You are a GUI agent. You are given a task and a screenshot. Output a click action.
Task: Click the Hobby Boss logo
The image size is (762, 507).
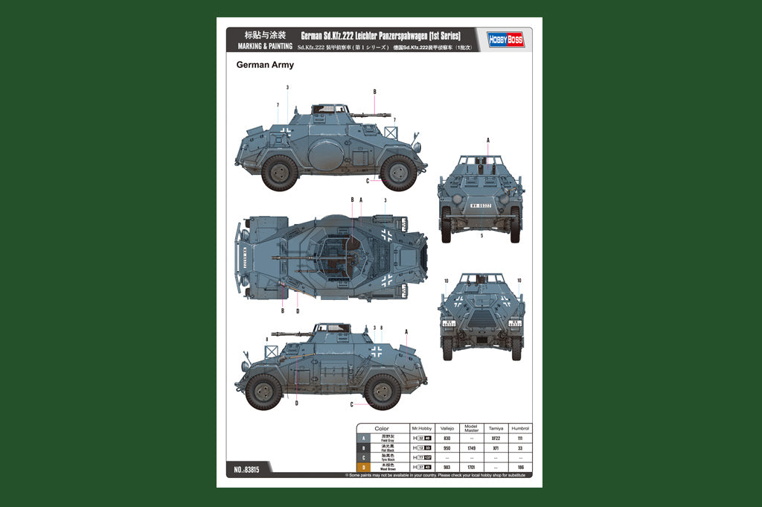coord(506,39)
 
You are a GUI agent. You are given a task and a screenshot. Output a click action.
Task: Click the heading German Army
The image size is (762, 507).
coord(265,65)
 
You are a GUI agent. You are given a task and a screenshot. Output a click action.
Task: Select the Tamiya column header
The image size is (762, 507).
coord(496,429)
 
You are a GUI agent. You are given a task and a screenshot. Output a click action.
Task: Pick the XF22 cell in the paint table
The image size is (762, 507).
coord(496,439)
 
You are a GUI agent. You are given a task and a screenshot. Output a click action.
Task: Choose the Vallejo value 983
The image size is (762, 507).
coord(446,468)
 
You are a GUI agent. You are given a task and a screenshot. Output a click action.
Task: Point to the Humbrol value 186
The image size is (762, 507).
coord(520,468)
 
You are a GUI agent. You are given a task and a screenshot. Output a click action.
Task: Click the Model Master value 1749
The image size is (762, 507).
coord(471,448)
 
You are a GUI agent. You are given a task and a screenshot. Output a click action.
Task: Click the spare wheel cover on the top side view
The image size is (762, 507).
coord(324,156)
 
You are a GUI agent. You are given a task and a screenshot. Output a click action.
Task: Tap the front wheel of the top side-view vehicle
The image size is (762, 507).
coord(398,172)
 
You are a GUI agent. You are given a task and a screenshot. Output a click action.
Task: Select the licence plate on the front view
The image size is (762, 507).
coord(480,205)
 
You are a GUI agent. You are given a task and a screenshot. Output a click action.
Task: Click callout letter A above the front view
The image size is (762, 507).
coord(488,140)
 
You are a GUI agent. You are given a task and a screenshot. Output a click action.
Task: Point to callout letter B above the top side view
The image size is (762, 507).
coord(375,92)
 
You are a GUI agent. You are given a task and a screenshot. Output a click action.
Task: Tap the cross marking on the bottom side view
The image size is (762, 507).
coord(377,351)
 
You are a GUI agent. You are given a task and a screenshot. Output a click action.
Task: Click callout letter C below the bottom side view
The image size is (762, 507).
coord(351,404)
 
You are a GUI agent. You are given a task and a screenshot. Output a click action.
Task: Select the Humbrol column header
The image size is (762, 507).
coord(520,429)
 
